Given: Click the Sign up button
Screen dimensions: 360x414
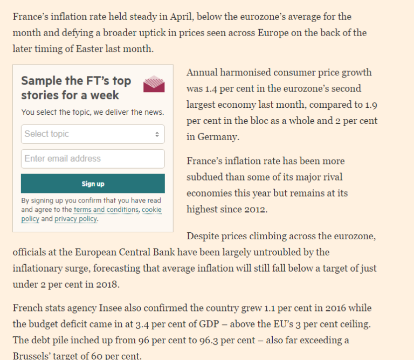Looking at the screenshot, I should pyautogui.click(x=93, y=184).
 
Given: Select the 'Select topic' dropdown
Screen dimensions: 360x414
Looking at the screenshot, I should pyautogui.click(x=89, y=134).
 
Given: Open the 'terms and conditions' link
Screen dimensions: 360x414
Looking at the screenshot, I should pyautogui.click(x=106, y=210).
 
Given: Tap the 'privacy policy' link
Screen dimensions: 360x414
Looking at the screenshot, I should pyautogui.click(x=75, y=219).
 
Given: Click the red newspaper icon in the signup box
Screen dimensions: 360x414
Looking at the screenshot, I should pyautogui.click(x=154, y=84).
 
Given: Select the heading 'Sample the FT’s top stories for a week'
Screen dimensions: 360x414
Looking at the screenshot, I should pyautogui.click(x=76, y=88).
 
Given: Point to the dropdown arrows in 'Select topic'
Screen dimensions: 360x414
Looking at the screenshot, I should pyautogui.click(x=157, y=134).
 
